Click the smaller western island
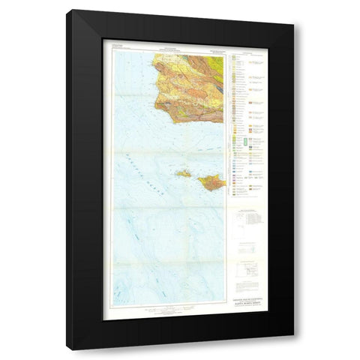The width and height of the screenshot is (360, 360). click(182, 173)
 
